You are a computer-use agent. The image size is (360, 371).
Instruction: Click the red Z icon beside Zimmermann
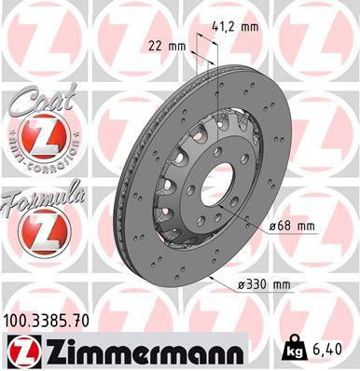[x=22, y=350]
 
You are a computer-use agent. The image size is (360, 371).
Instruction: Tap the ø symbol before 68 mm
[x=271, y=227]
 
